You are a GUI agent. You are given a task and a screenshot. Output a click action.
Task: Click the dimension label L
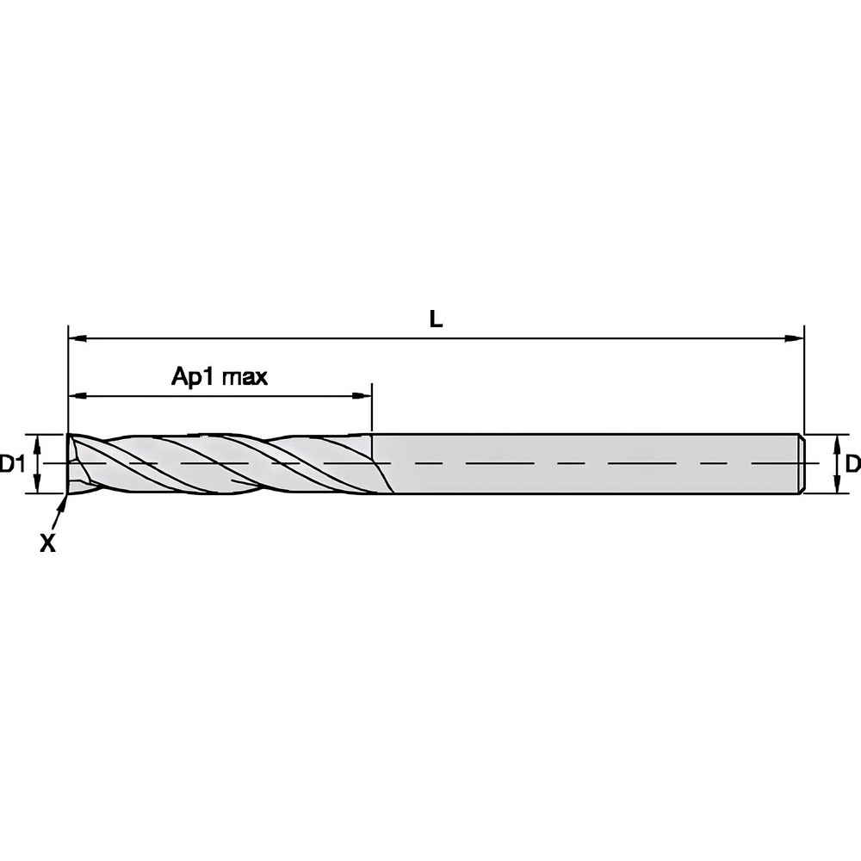437,320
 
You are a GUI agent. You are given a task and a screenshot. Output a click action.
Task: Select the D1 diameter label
12,465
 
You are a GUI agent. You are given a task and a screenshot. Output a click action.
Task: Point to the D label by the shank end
852,465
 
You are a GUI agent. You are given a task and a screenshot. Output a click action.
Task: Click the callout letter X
48,543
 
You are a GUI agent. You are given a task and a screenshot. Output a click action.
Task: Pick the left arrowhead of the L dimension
76,338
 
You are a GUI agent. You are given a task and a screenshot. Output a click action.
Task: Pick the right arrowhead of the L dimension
796,338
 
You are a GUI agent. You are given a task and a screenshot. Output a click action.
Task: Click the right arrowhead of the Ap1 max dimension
363,396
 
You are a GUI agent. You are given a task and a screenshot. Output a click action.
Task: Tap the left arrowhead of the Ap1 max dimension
76,396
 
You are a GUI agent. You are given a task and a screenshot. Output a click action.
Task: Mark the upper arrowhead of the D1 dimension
38,441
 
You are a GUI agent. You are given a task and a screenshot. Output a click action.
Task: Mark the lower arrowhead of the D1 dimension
38,487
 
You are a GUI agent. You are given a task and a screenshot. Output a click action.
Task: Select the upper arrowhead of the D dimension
838,441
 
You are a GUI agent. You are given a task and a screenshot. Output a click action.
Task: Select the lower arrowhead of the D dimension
838,487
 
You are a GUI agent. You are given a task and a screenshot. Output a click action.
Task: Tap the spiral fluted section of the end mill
224,463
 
